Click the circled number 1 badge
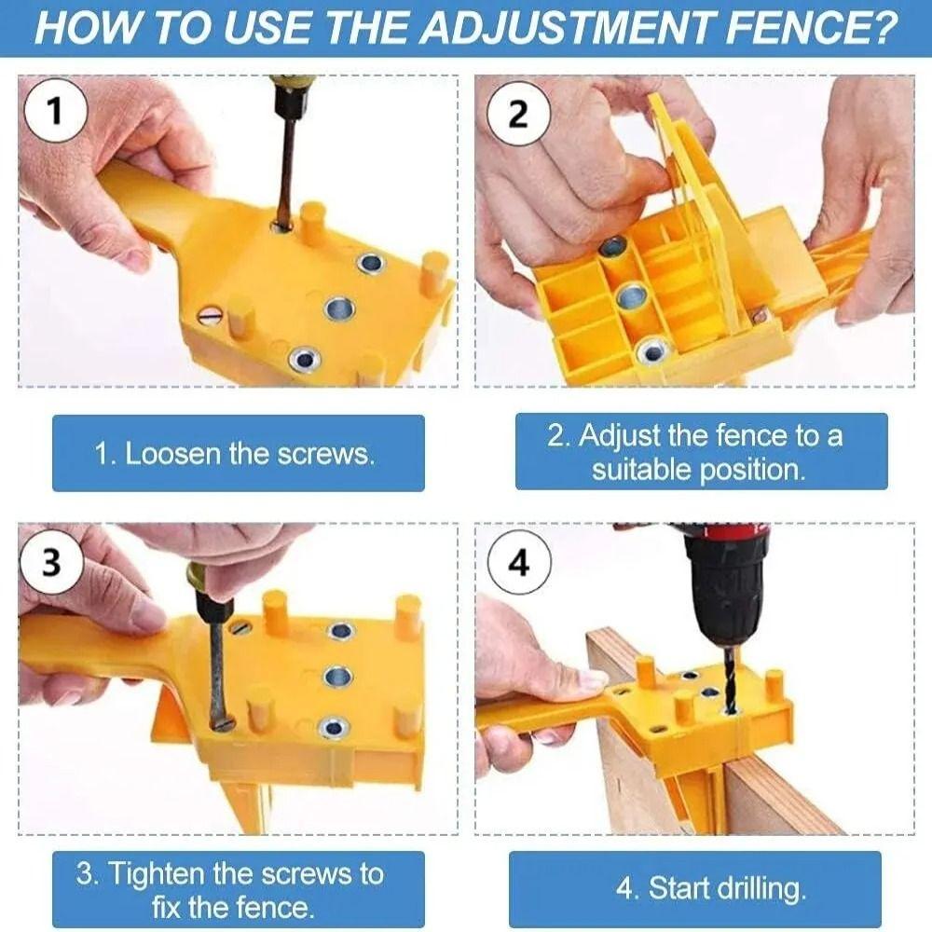55,113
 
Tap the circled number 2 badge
519,114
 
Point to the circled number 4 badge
519,564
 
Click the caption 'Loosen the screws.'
236,454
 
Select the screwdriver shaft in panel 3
217,671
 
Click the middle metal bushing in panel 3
337,676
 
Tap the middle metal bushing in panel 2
631,297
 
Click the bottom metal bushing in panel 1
303,359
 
